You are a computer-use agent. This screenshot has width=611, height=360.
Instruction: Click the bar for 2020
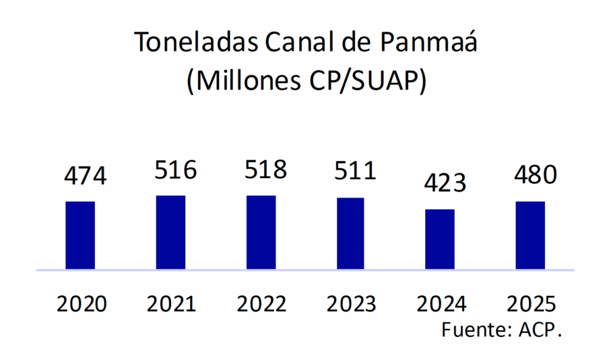click(x=80, y=235)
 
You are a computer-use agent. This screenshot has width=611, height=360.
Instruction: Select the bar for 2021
click(x=170, y=233)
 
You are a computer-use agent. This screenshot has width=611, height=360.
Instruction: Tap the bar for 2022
click(x=261, y=233)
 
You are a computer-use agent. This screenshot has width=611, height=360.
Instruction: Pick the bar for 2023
click(x=350, y=233)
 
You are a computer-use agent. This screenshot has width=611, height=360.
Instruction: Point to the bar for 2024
click(x=441, y=239)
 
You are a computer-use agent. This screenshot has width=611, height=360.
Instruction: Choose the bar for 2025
click(x=530, y=235)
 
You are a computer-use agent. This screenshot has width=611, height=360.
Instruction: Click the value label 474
click(x=86, y=176)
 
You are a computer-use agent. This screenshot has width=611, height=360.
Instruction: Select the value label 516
click(x=175, y=170)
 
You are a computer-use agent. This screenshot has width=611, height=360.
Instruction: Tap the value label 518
click(x=265, y=169)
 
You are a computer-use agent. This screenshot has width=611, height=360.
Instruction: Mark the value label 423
click(x=445, y=183)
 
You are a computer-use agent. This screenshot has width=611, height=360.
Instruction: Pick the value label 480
click(x=535, y=175)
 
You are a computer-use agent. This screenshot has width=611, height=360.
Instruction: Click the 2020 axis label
click(x=82, y=304)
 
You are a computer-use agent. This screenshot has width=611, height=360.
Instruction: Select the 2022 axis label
click(x=261, y=304)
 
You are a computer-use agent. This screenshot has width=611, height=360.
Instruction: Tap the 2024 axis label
click(x=441, y=304)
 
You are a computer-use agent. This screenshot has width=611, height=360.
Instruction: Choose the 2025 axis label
click(x=531, y=304)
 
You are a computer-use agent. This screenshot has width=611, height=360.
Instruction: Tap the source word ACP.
click(x=540, y=331)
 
